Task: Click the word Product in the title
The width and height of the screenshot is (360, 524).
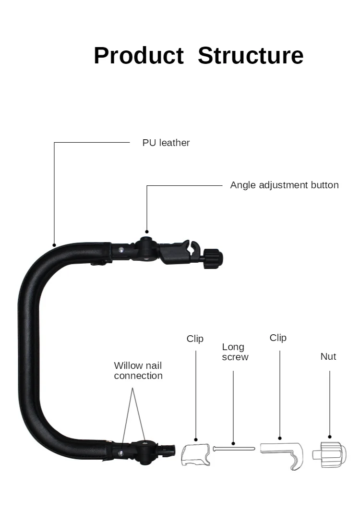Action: (138, 56)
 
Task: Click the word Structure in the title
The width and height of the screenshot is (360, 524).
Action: (251, 56)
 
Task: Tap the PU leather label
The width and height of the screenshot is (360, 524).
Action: (166, 143)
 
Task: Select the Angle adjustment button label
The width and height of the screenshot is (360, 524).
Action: (284, 185)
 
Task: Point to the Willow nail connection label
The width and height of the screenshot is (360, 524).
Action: (138, 371)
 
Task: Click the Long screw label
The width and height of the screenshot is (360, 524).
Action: (235, 352)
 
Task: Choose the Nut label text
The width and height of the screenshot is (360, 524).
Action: (328, 356)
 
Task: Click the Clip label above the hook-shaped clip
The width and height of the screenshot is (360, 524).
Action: (278, 338)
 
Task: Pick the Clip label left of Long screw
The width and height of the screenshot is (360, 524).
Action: (195, 339)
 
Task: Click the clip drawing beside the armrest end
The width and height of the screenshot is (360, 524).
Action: (196, 454)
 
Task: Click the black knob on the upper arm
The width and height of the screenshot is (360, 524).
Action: (213, 258)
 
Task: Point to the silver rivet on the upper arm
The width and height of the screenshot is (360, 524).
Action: (122, 250)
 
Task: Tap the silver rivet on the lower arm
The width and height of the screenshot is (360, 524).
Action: (121, 451)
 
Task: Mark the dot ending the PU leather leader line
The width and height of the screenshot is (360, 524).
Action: (54, 245)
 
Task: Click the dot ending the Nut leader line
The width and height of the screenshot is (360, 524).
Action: (330, 438)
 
